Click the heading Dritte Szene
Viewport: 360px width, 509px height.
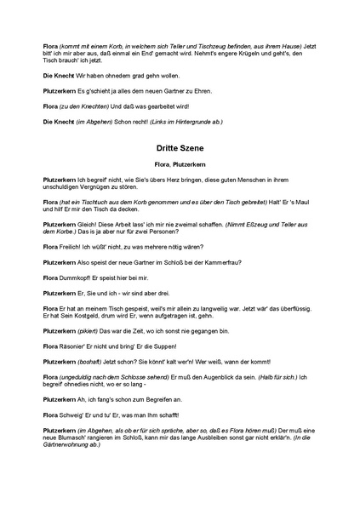click(x=180, y=146)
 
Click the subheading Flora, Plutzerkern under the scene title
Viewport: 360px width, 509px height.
click(x=180, y=162)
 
